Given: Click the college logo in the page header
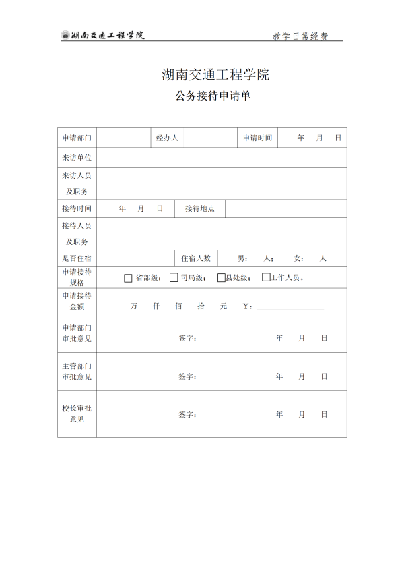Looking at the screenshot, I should tap(65, 36).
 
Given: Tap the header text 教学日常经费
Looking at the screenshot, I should tap(300, 36).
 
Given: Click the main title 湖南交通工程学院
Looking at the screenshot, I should tap(215, 75).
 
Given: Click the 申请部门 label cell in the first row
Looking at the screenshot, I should tap(77, 138).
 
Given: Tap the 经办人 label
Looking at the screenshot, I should tap(167, 138).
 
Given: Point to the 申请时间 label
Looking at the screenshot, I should tap(257, 138).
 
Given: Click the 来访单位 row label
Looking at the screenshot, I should tap(77, 157).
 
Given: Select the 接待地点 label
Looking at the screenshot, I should tap(200, 209).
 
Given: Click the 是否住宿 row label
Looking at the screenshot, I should tap(77, 258).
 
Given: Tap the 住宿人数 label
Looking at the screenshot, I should tap(196, 258).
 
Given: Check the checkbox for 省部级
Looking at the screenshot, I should tap(128, 277).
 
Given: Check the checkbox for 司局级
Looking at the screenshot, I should tap(174, 277).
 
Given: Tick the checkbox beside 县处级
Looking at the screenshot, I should tap(221, 277).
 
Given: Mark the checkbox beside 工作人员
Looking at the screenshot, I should tap(266, 277).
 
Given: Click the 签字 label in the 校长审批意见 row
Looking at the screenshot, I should tap(187, 414).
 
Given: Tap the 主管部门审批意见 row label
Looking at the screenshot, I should tap(77, 371).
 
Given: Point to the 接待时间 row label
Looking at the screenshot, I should tap(77, 209).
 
